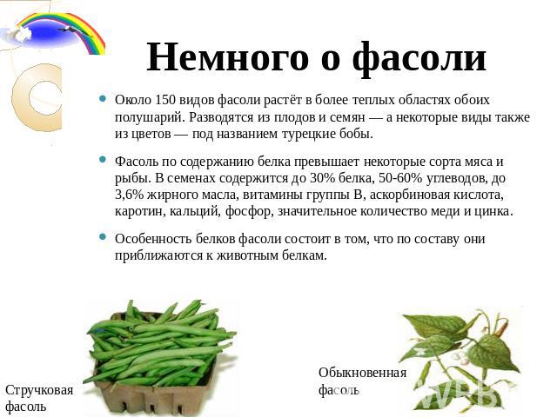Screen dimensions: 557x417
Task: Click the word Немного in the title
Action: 228,57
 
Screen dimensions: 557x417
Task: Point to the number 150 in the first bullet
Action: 165,100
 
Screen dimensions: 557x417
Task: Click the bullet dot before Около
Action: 103,98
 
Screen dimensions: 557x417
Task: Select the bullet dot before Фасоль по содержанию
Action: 103,160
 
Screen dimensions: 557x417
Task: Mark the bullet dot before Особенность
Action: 103,236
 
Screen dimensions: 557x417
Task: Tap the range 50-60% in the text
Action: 400,177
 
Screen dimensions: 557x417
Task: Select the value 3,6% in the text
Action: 128,195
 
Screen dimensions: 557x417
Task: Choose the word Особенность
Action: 153,239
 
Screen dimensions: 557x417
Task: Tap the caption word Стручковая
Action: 39,390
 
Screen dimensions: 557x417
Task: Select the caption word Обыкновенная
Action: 362,373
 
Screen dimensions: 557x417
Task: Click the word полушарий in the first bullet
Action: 150,118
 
